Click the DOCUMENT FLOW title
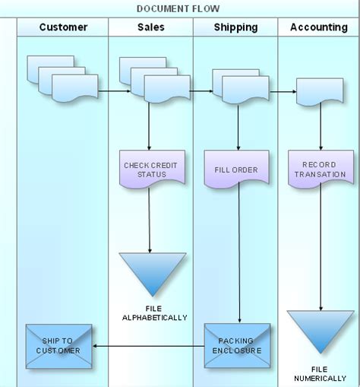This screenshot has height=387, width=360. (178, 8)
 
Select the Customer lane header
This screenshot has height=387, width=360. (63, 27)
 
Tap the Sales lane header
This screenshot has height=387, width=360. (150, 27)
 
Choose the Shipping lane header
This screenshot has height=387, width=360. (235, 27)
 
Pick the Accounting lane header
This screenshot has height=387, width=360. (319, 27)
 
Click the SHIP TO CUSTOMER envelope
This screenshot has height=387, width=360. (58, 346)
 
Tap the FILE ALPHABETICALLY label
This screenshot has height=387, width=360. (154, 312)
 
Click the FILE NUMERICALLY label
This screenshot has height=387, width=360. (320, 373)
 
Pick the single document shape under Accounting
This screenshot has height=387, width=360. (320, 92)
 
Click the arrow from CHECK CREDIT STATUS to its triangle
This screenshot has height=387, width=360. (150, 220)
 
